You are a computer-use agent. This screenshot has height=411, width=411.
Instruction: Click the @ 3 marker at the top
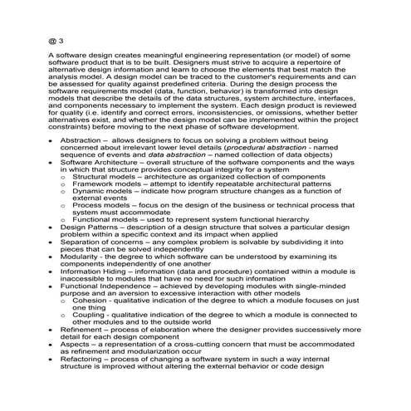pyautogui.click(x=55, y=39)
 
